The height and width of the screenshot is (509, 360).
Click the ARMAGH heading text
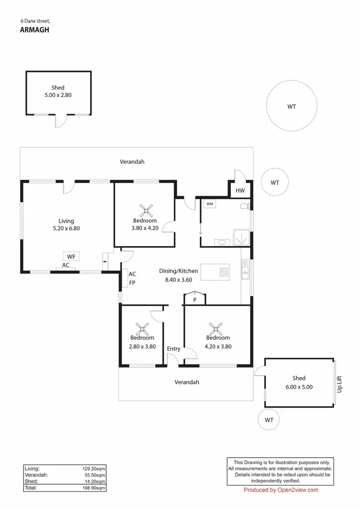[35, 29]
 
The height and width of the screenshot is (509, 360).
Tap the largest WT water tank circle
[291, 106]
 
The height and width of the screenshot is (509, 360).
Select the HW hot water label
[240, 191]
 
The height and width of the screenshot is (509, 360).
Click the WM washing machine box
[209, 204]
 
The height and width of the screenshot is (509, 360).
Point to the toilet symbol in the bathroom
[245, 206]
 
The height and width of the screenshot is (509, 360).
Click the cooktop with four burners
[224, 272]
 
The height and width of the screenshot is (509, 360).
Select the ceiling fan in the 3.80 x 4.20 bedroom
[146, 210]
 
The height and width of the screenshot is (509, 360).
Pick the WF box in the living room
[71, 257]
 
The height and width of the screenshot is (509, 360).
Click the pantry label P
[195, 300]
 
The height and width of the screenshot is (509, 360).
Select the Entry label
[174, 349]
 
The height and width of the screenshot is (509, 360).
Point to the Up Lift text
[339, 384]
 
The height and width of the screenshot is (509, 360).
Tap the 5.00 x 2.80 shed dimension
[58, 95]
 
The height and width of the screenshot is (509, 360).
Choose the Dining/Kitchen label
[179, 271]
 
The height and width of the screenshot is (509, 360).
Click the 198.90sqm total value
[94, 488]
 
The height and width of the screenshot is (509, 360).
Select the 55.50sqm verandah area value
[95, 474]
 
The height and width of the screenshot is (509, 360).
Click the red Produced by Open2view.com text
[281, 490]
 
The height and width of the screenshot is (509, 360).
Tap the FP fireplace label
[132, 283]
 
